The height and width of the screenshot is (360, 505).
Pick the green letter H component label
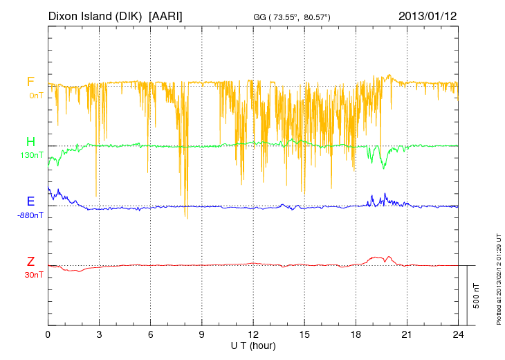coord(30,142)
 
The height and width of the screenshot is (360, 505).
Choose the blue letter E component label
coord(30,201)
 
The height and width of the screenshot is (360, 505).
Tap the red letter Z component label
coord(30,262)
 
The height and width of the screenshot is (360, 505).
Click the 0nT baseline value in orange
coord(35,96)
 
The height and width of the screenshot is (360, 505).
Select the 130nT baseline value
coord(32,155)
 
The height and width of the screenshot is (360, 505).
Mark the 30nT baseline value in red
coord(33,274)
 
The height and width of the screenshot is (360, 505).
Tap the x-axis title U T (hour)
coord(253,345)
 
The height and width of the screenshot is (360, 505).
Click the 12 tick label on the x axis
coord(253,334)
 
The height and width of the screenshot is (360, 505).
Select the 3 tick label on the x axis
coord(99,334)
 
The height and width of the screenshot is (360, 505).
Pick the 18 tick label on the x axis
coord(356,334)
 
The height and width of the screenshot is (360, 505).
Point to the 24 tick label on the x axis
coord(458,334)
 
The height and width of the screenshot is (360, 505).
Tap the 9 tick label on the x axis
coord(202,334)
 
